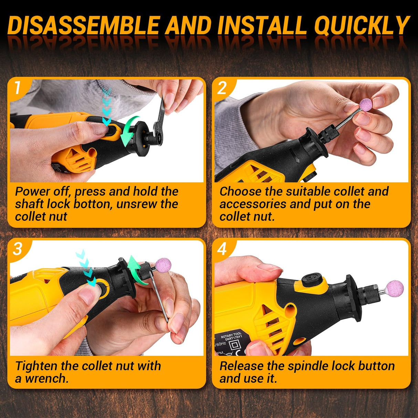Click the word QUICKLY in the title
(362, 26)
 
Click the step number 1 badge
(18, 88)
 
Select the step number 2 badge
(222, 88)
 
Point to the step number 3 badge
(18, 249)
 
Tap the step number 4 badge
(222, 249)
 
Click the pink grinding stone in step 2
(366, 104)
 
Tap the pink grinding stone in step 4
(394, 288)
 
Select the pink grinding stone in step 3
(163, 265)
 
